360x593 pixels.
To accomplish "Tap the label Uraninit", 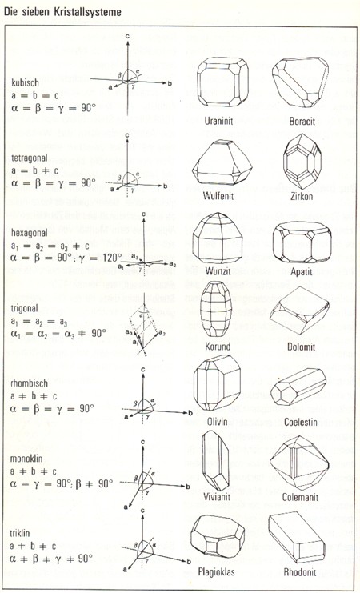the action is coord(222,121).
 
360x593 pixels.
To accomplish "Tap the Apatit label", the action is coord(302,271).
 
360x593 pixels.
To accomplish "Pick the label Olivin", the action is coord(218,421).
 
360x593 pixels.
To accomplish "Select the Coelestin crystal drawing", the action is coord(298,387).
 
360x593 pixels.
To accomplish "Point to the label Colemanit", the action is coord(301,497).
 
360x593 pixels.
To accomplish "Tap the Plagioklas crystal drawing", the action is coord(218,537).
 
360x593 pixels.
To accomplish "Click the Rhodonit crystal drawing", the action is coord(297,538).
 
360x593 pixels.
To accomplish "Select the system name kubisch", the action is coord(24,82).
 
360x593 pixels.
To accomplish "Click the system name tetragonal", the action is coord(30,158).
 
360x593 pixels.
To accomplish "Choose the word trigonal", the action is coord(25,308).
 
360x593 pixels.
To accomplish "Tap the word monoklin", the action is coord(26,459).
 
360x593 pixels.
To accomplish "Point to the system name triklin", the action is coord(20,534).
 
